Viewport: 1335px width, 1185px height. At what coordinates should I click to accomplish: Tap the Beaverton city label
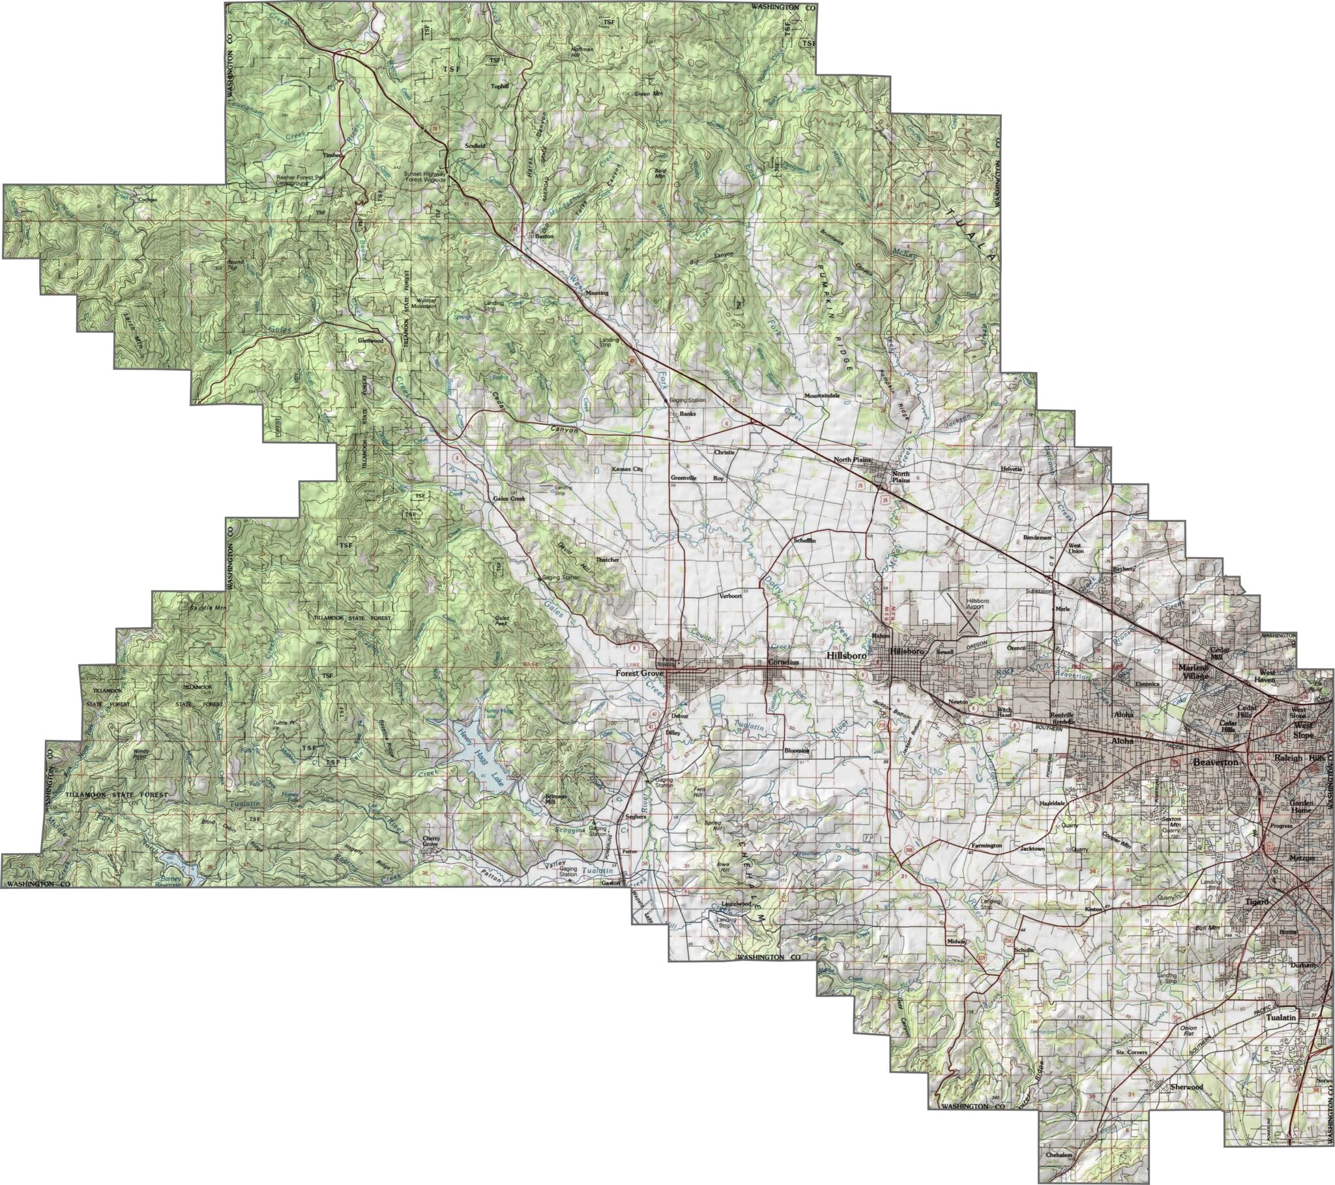point(1216,763)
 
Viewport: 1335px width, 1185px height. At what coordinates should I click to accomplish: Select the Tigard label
point(1257,902)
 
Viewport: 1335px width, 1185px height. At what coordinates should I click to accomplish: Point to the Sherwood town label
point(1186,1087)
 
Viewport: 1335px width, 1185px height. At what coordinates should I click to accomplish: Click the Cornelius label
point(783,662)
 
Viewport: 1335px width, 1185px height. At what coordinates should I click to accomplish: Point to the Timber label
point(332,156)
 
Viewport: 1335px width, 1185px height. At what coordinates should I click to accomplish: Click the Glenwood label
point(370,341)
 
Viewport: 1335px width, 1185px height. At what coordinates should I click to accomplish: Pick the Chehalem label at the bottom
point(1059,1155)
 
